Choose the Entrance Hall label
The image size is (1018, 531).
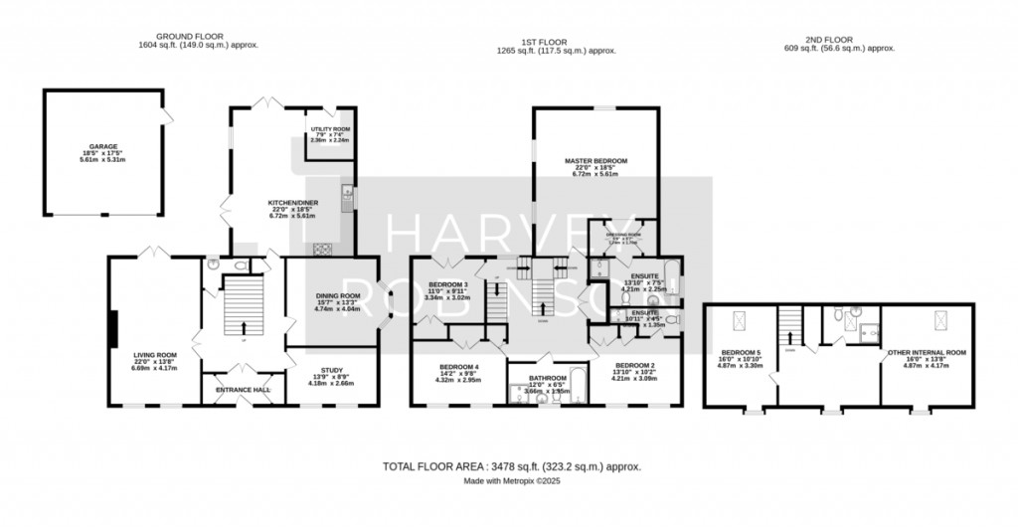coord(244,389)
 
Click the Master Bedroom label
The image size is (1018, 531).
coord(594,160)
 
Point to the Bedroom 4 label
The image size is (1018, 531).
coord(459,367)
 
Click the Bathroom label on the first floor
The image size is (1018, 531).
coord(547,378)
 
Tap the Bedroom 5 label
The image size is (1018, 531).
coord(741,352)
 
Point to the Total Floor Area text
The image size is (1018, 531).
coord(512,465)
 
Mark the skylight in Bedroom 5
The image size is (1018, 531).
coord(739,319)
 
